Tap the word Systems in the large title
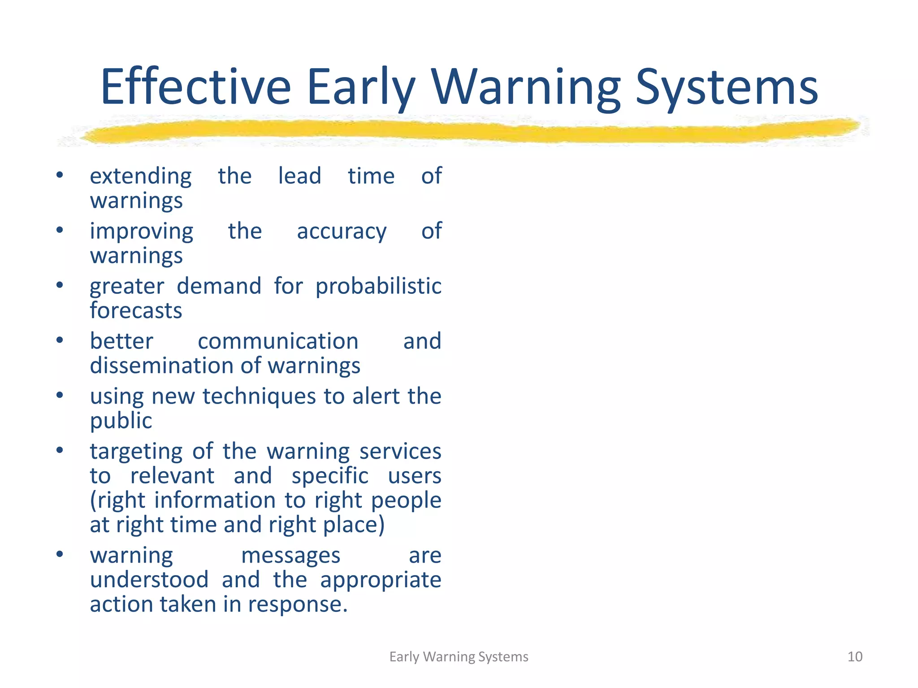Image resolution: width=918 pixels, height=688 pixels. coord(727,87)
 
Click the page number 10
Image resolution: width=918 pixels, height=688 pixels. coord(855,657)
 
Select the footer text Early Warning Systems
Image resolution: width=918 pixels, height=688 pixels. coord(459,657)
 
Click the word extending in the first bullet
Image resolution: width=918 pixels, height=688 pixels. coord(141,176)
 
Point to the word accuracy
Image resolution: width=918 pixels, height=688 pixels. coord(342,232)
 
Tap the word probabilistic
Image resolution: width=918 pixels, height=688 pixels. coord(378,287)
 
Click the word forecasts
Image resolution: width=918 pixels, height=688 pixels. coord(136,310)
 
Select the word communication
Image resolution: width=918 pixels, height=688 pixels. coord(278,341)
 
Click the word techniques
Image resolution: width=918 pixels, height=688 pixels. coord(259,397)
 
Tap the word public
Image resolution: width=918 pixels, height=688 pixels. coord(121,421)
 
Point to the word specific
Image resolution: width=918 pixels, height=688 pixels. coord(330,476)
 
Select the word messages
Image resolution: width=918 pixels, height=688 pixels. coord(290,556)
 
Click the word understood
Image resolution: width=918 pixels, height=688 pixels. coord(149,580)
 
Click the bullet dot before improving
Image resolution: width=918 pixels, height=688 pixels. coord(60,230)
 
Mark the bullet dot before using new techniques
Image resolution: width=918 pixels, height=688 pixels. coord(60,396)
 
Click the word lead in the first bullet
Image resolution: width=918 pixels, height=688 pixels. coord(299,176)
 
